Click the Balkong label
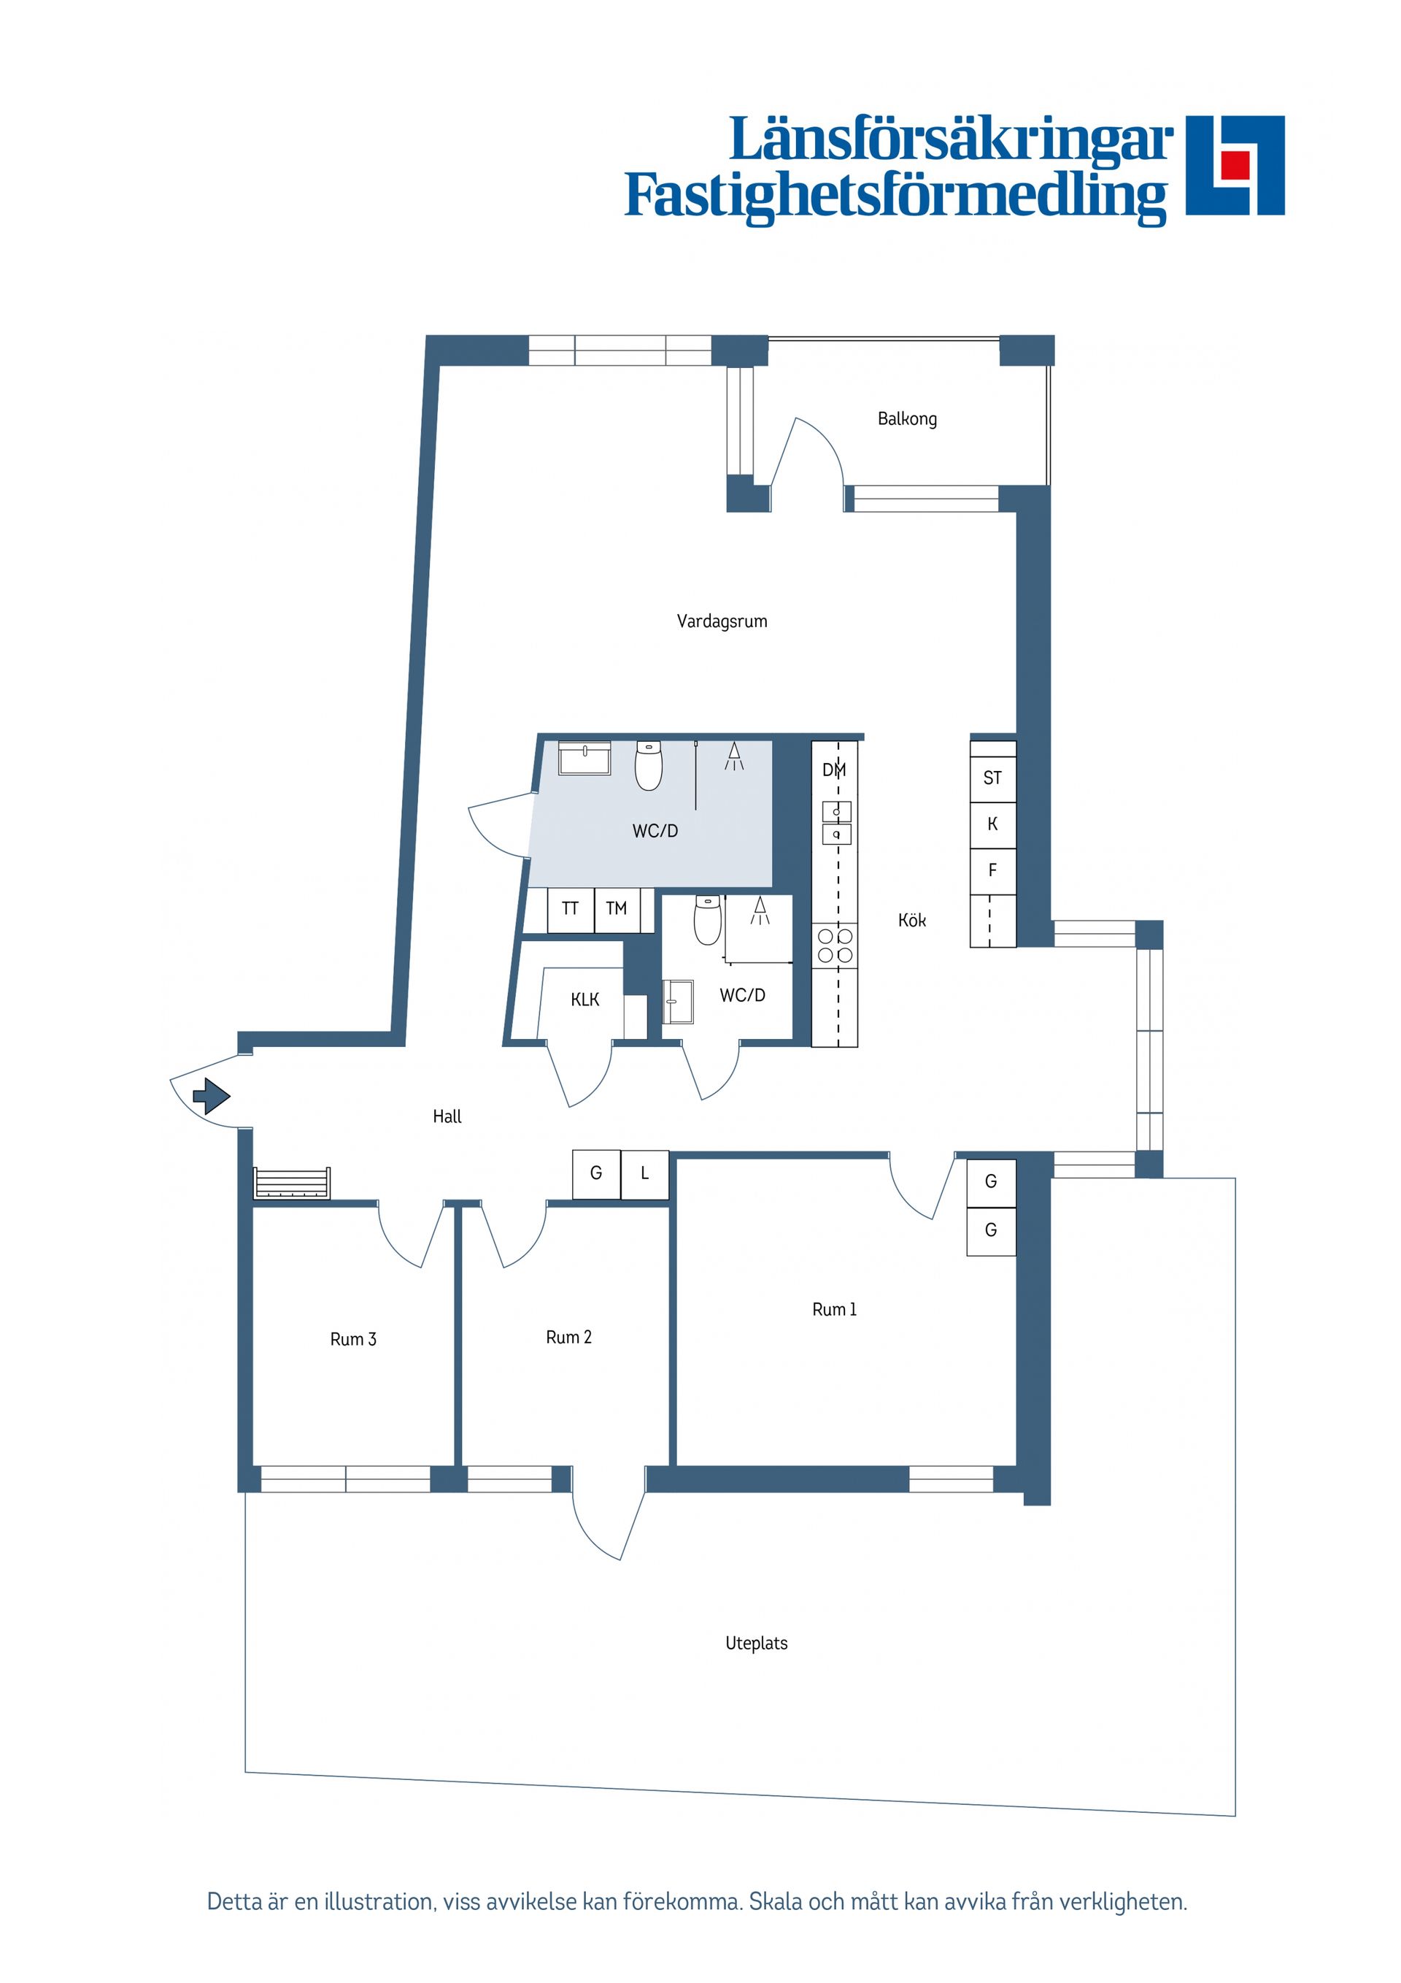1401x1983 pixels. click(x=906, y=419)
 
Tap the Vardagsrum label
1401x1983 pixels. click(x=722, y=621)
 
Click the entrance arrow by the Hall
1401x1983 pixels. click(x=212, y=1096)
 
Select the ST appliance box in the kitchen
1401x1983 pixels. click(x=992, y=778)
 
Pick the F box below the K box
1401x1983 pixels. click(x=992, y=870)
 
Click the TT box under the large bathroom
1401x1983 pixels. click(x=570, y=908)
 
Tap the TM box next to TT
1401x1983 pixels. click(x=617, y=908)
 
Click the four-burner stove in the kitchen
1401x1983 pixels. click(x=835, y=945)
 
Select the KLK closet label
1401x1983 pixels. click(x=584, y=1000)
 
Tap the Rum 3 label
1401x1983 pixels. click(x=353, y=1339)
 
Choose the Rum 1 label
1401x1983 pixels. click(x=834, y=1309)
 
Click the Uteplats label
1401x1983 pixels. click(x=756, y=1643)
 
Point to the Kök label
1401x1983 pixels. click(x=911, y=921)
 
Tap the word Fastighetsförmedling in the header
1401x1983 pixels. click(x=895, y=196)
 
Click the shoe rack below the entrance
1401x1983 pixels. click(x=292, y=1184)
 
